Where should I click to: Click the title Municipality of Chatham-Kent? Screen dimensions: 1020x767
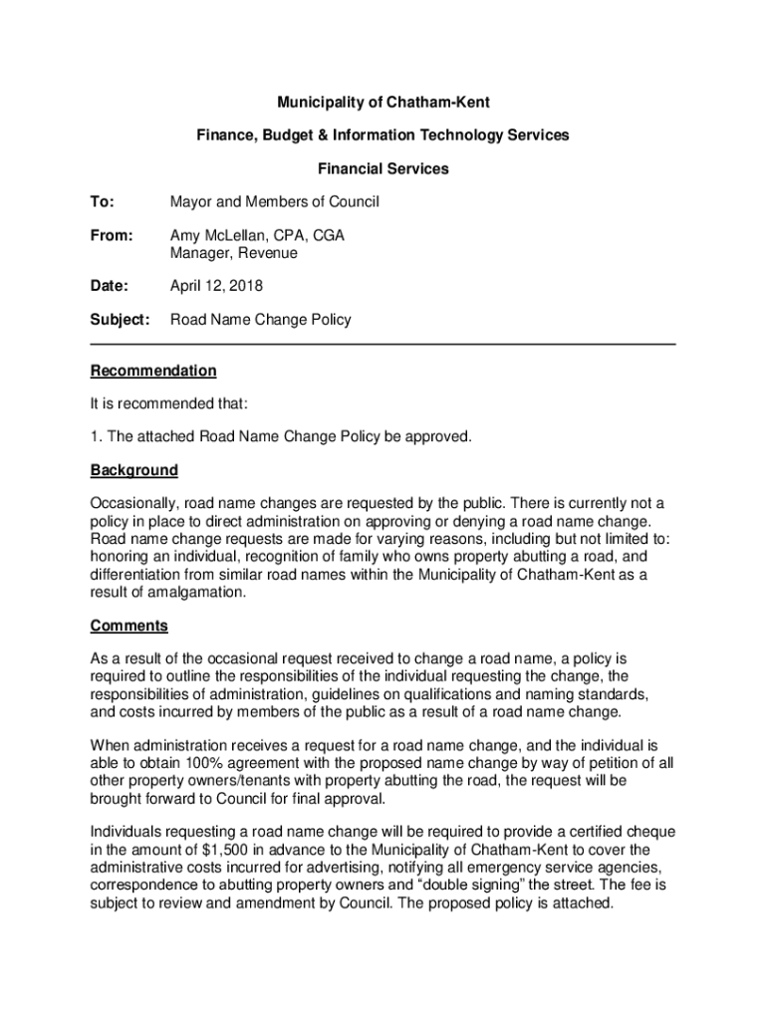coord(383,103)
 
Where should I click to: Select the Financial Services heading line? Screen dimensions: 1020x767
coord(383,168)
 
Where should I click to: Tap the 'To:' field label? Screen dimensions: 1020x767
coord(103,202)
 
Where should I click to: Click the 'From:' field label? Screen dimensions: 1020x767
coord(112,236)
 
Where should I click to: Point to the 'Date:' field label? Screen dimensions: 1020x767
coord(110,286)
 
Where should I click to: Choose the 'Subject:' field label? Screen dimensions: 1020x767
coord(120,320)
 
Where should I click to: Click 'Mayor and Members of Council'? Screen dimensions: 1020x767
coord(274,202)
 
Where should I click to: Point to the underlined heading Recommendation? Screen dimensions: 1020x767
coord(152,371)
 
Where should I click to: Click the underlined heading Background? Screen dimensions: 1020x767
coord(133,469)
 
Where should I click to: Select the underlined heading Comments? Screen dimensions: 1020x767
coord(128,626)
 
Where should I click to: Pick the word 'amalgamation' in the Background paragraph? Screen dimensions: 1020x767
coord(195,592)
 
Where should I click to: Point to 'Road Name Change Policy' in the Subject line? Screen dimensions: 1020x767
coord(260,320)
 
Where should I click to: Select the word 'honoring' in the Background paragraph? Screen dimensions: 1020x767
coord(120,558)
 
